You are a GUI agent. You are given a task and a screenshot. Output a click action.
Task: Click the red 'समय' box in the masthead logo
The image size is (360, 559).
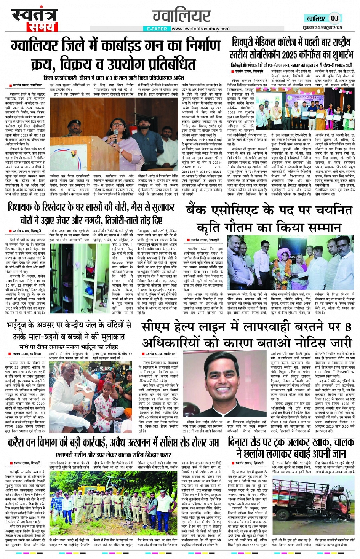click(x=42, y=27)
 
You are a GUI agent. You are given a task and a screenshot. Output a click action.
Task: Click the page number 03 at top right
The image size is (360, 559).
click(x=334, y=18)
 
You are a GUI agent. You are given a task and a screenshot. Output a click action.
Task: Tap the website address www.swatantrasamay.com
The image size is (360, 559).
click(x=200, y=29)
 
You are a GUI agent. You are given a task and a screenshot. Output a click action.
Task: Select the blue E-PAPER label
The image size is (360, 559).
click(x=156, y=29)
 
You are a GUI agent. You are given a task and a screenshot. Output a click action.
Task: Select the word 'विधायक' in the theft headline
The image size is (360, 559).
click(x=23, y=208)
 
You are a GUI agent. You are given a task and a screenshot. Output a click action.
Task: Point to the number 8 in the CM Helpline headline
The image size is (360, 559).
click(x=347, y=327)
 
